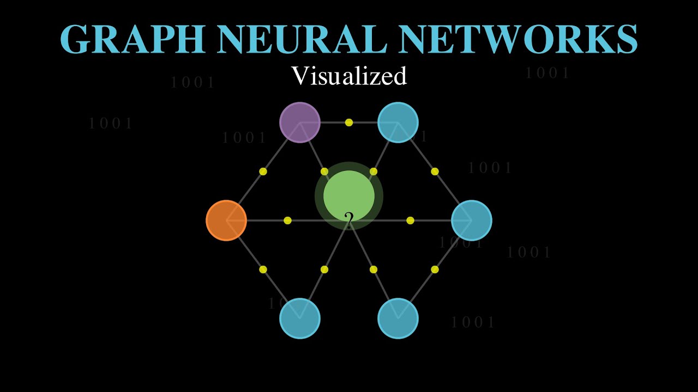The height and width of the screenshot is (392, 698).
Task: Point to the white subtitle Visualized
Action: point(349,76)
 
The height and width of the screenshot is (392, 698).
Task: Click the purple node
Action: point(299,122)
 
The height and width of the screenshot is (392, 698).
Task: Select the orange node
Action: point(226,220)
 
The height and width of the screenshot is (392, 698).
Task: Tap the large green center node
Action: point(349,195)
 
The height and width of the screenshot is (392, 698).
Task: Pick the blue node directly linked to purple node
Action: point(398,122)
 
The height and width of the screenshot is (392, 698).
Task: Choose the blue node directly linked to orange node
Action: point(299,318)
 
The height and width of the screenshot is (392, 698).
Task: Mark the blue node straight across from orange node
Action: point(472,220)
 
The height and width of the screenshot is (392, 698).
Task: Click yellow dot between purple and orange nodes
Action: point(263,171)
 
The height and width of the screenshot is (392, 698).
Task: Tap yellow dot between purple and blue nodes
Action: point(349,122)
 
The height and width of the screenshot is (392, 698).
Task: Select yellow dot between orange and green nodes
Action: point(287,220)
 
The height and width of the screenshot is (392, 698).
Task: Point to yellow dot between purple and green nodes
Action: point(324,171)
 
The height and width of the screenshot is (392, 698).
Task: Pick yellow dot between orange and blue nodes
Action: point(263,269)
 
